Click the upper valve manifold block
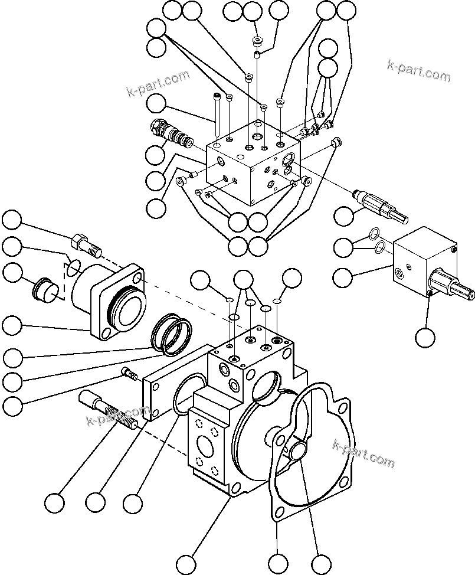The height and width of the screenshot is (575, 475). click(254, 162)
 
